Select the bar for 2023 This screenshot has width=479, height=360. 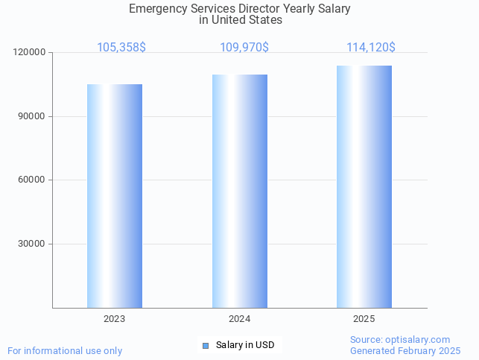[x=115, y=196]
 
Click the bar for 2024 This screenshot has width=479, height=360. [x=240, y=192]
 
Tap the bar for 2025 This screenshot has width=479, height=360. [x=364, y=187]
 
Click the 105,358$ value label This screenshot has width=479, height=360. [x=121, y=48]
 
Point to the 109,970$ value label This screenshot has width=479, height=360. [x=244, y=48]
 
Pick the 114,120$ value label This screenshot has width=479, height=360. [x=370, y=48]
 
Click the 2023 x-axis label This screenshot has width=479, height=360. [x=115, y=319]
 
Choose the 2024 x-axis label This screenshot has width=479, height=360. [x=240, y=319]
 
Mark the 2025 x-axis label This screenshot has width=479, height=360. [x=364, y=319]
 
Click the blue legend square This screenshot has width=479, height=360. [x=206, y=345]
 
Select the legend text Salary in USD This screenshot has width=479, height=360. [x=245, y=345]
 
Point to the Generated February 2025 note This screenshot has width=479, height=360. [x=405, y=351]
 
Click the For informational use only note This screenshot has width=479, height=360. [x=65, y=351]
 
